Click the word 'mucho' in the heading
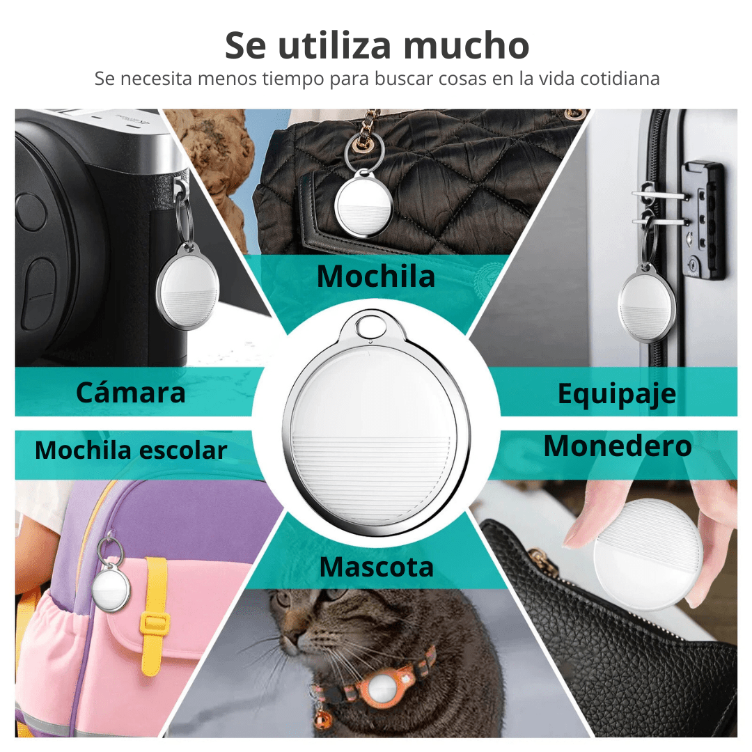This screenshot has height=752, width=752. point(466,45)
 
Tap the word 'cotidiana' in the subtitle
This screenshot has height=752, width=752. point(620,79)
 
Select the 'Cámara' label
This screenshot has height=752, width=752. point(130,392)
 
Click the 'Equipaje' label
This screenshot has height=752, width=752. point(617,395)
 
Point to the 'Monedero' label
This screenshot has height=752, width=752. point(618,446)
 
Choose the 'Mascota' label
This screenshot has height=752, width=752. point(377,567)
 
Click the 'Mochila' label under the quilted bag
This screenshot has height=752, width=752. point(375,276)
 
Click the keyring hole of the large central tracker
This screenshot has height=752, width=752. point(370,326)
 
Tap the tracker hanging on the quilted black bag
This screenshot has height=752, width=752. point(363,203)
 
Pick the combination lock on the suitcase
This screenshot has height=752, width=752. point(703,221)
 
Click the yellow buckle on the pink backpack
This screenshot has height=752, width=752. point(155,622)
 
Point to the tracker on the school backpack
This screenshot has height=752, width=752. point(111,588)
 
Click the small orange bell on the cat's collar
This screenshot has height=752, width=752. point(323,718)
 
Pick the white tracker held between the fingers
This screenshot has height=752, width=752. point(648,554)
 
